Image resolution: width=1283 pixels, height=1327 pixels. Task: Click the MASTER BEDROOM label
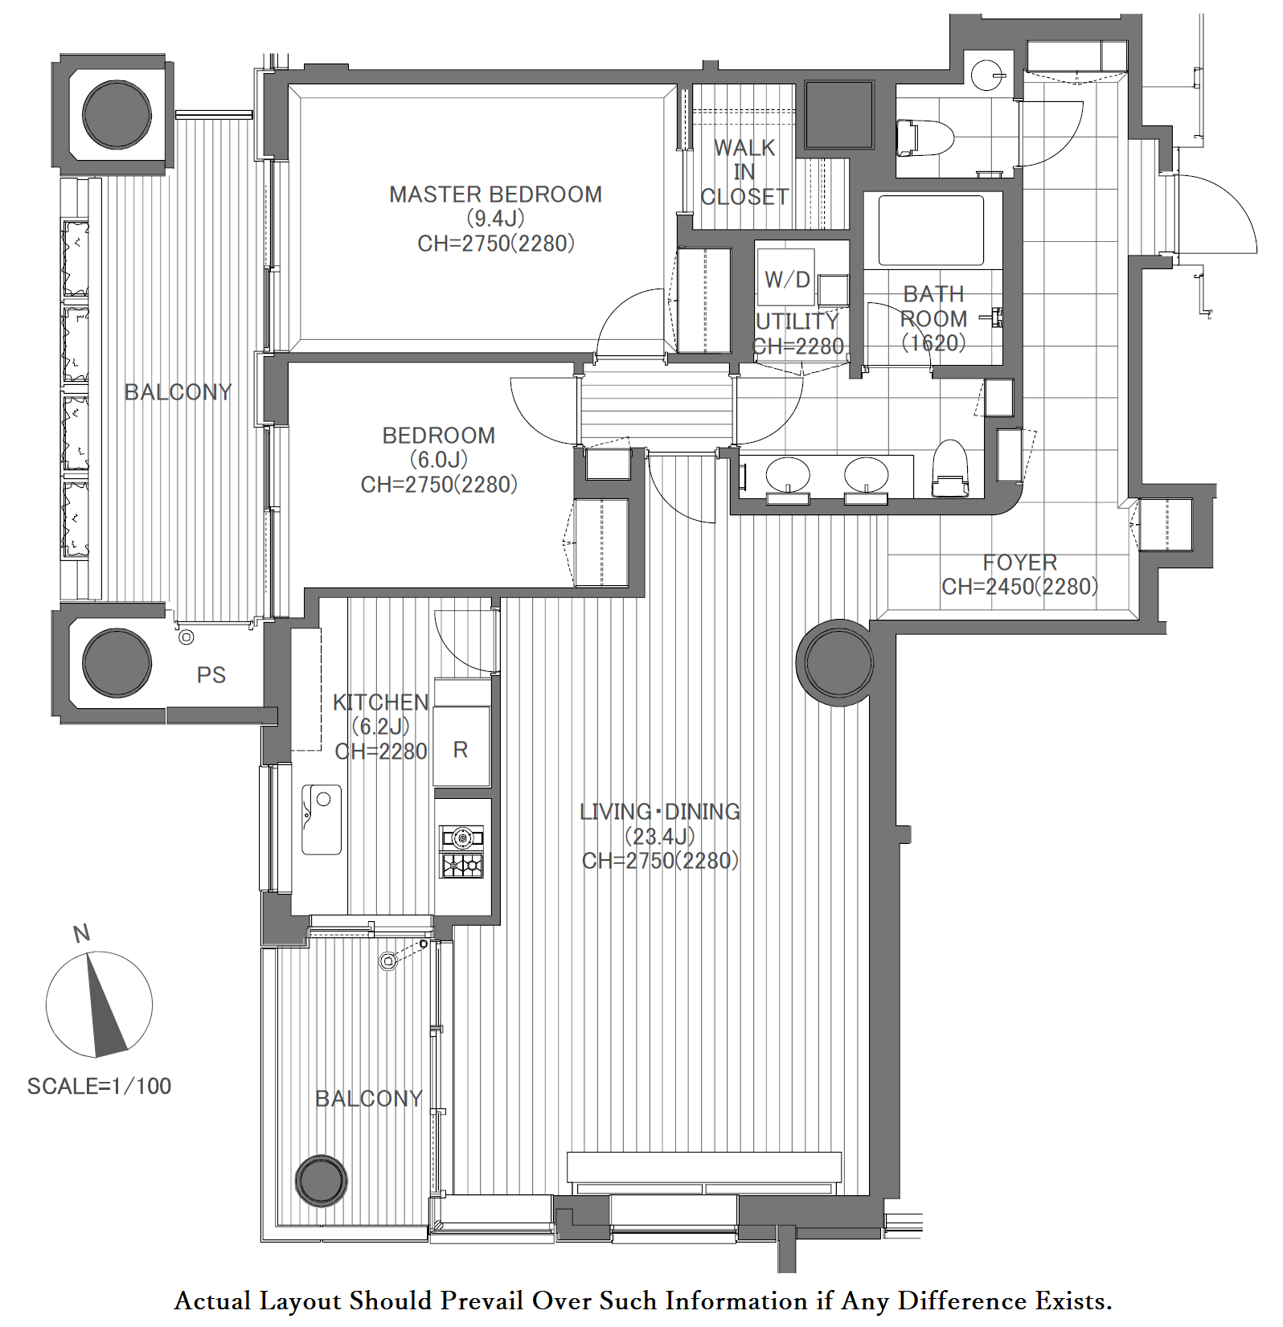coord(495,195)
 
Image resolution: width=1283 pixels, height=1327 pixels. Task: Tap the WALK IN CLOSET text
coord(744,172)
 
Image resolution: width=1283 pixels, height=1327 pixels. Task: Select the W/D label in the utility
coord(787,279)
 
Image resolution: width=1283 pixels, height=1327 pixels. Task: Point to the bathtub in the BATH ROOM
coord(931,230)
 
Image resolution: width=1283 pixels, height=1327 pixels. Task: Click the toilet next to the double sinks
coord(949,469)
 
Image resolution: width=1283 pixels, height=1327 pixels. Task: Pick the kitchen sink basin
coord(322,819)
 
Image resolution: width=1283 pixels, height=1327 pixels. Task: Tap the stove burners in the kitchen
coord(462,851)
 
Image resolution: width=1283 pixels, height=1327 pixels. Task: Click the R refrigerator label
coord(461,750)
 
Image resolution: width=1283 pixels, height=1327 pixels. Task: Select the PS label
coord(211,675)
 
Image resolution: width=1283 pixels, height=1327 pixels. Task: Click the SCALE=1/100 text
coord(100,1087)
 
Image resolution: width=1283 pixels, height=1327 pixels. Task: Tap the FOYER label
coord(1019,563)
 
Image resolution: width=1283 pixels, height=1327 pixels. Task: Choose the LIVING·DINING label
coord(660,812)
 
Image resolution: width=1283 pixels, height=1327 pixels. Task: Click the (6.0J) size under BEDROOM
coord(439,460)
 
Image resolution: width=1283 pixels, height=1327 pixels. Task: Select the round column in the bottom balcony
coord(322,1181)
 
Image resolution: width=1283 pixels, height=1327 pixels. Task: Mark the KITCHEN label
coord(381,702)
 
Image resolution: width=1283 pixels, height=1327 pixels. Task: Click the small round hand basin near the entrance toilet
coord(987,76)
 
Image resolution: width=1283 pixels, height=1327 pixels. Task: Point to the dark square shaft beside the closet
coord(839,115)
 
